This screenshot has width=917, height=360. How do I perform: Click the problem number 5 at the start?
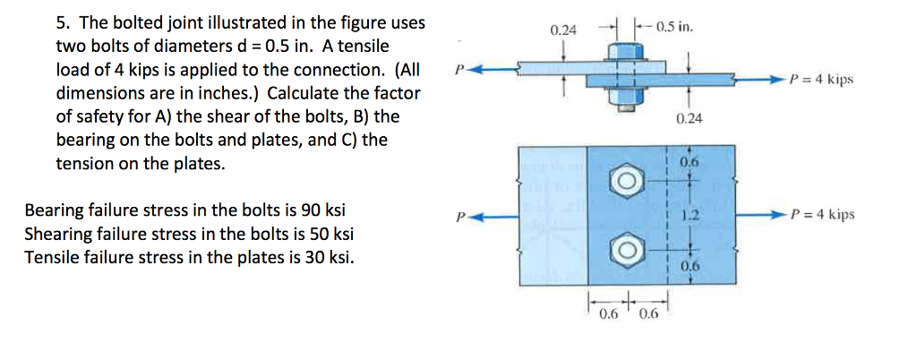coord(61,22)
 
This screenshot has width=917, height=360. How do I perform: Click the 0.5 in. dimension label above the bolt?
coord(674,24)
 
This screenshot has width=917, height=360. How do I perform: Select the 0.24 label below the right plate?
coord(689,118)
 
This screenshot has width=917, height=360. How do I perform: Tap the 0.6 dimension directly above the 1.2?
coord(688,163)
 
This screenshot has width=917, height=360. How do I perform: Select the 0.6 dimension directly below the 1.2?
coord(688,267)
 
